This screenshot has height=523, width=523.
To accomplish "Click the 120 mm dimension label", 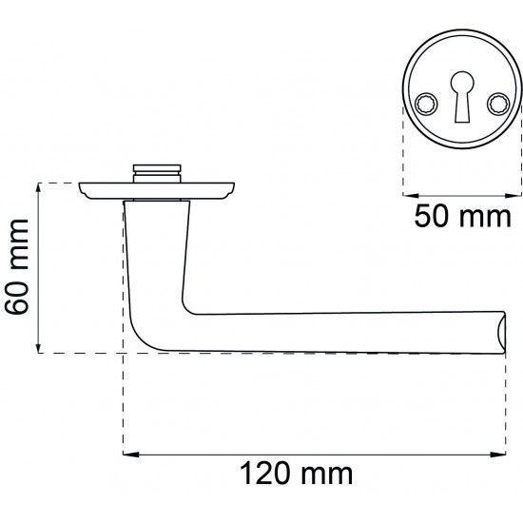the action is (296, 473).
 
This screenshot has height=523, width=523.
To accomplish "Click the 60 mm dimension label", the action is (17, 267).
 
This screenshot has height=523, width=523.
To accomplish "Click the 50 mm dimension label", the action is (463, 217).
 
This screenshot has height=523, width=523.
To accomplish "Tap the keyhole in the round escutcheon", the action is (462, 96).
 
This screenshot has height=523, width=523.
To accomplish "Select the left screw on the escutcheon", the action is (426, 103).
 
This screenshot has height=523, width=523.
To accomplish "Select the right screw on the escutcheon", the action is (498, 103).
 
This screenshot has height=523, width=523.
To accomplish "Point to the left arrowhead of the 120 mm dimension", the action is (131, 455).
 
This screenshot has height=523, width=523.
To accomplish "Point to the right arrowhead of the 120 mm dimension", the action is (498, 455).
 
